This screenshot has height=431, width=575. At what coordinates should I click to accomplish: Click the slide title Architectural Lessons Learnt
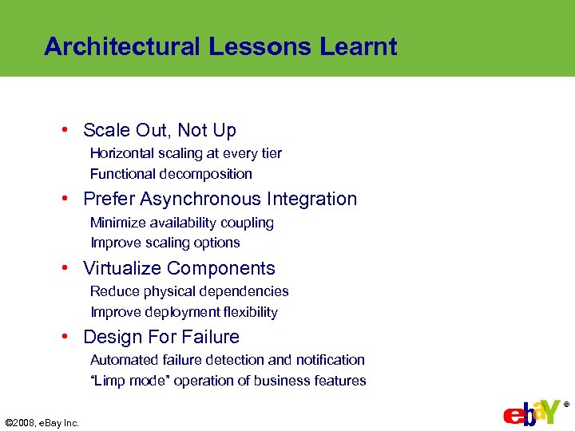(x=220, y=46)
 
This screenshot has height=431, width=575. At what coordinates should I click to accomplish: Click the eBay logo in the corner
(x=530, y=413)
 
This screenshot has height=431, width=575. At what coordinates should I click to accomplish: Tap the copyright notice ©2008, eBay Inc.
(x=42, y=422)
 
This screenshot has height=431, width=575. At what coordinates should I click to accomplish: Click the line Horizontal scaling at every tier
(x=185, y=153)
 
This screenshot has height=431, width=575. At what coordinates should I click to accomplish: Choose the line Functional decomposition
(x=171, y=174)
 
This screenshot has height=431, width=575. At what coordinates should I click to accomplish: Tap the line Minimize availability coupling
(x=182, y=223)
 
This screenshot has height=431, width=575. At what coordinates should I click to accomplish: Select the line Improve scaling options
(x=165, y=243)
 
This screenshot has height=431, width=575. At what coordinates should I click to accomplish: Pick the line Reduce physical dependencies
(x=189, y=291)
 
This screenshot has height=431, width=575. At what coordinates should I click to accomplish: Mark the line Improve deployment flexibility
(x=184, y=312)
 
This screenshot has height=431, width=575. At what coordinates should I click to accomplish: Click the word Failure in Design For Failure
(x=209, y=337)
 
